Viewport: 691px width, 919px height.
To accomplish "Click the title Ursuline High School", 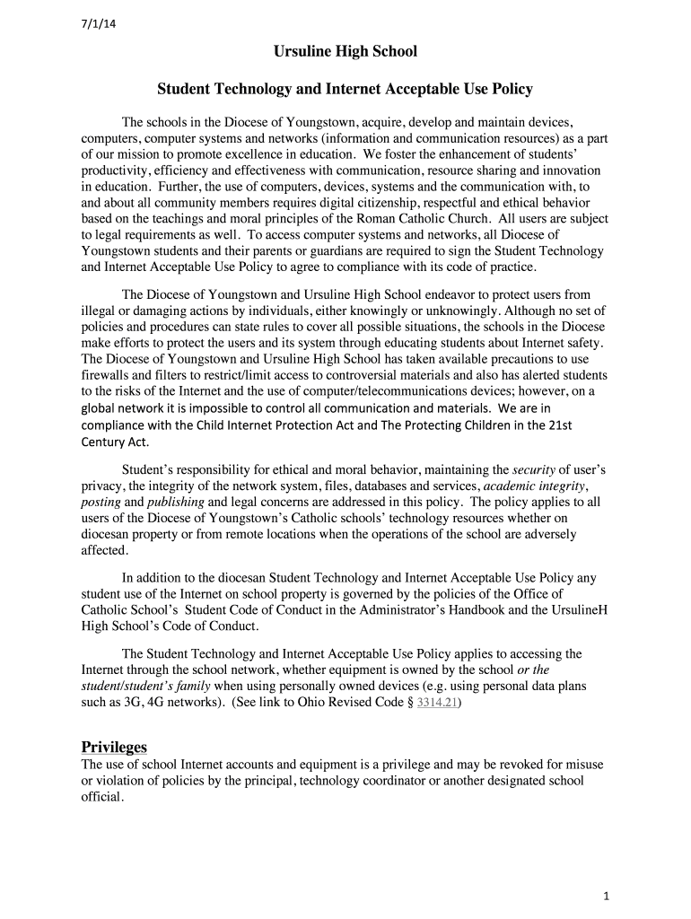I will [x=345, y=52].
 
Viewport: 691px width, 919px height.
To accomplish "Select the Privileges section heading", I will [x=114, y=748].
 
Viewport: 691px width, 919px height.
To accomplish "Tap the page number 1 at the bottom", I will [x=607, y=897].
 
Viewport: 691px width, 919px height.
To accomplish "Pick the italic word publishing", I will [x=175, y=502].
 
